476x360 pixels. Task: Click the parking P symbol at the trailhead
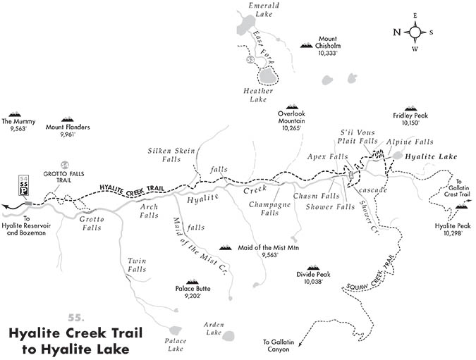23,191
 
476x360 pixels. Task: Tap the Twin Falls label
137,265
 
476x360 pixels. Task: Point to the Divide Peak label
312,277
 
